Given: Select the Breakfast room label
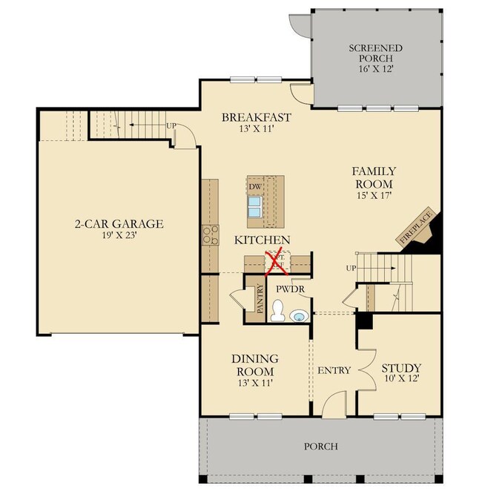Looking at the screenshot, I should tap(256, 117).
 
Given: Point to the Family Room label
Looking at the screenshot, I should tap(373, 177).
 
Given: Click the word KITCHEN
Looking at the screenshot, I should tap(262, 240).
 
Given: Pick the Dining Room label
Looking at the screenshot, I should tap(254, 365).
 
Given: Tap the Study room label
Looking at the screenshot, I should tap(401, 368).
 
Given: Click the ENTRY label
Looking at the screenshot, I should tap(334, 370).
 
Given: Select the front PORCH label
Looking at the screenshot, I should tap(320, 446).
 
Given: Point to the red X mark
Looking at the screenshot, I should tap(275, 259).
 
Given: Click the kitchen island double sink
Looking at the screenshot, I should tap(254, 206).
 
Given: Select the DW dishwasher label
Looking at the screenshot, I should tap(254, 186).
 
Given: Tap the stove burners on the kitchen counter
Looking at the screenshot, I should tap(210, 235).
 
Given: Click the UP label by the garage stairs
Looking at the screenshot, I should tap(171, 125).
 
